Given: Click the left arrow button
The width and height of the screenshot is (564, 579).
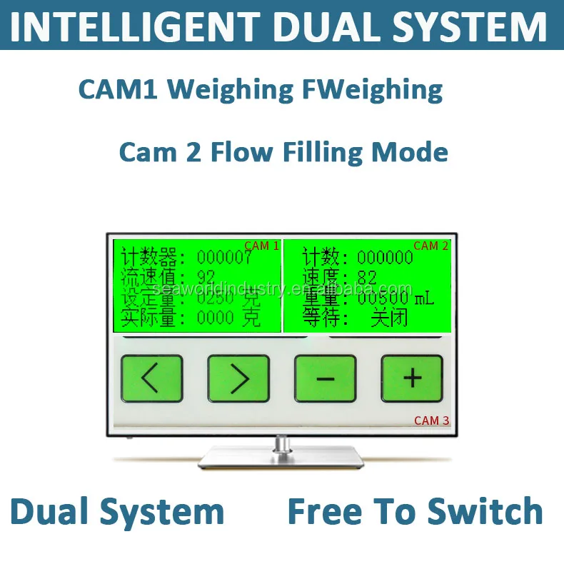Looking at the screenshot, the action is click(151, 378).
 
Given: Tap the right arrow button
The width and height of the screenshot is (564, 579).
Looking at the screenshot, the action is click(238, 378).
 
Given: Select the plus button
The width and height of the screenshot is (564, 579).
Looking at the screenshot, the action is click(412, 378).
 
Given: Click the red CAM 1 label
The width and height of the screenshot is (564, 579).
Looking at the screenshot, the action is click(261, 246).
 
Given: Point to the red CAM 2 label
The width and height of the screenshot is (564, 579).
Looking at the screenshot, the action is click(430, 246).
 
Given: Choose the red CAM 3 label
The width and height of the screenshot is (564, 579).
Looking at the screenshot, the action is click(431, 421).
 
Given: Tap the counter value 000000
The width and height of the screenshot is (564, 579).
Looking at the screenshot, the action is click(385, 257).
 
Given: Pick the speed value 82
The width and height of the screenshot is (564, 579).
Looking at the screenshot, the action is click(367, 277).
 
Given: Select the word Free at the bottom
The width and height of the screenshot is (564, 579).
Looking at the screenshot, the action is click(324, 512).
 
